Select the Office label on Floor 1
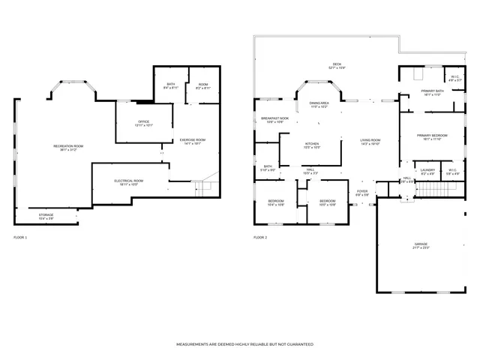tap(143, 123)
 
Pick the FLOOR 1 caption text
tap(20, 238)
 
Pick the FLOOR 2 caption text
tap(260, 238)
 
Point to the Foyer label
tap(362, 193)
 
